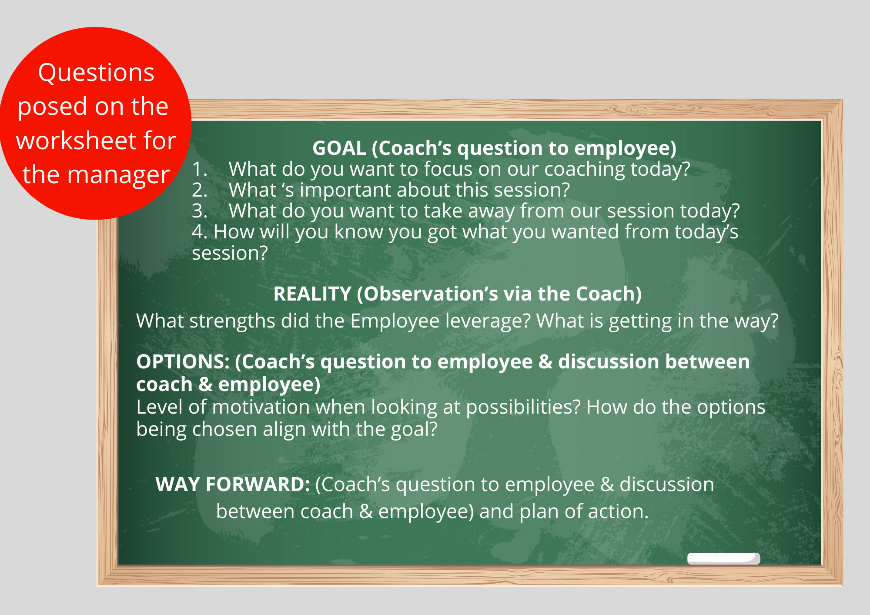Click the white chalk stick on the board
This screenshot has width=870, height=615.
pos(723,559)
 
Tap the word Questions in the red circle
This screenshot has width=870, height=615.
pos(96,73)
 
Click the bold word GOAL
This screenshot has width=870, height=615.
pos(339,148)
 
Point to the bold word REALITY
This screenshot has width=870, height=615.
pos(312,294)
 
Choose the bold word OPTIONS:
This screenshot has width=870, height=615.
pos(183,362)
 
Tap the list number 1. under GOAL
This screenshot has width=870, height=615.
pos(200,169)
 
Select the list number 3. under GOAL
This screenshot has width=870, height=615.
pos(200,211)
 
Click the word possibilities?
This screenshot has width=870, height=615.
pos(524,408)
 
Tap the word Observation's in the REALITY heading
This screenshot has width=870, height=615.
pos(431,294)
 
